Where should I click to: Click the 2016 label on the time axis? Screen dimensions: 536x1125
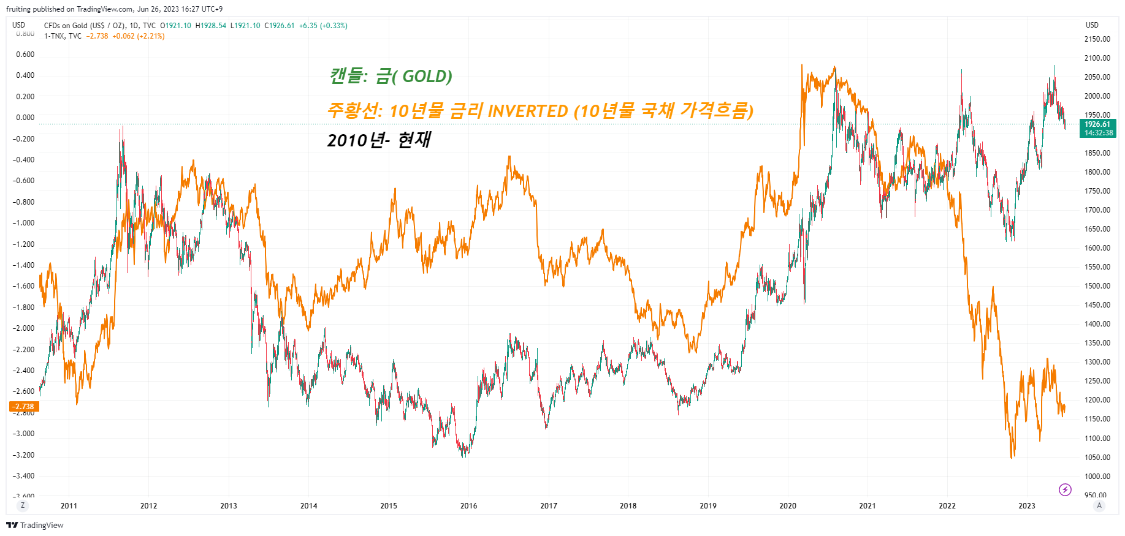468,506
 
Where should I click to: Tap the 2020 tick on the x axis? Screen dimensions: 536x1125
788,506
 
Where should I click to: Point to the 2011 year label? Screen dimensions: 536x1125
69,506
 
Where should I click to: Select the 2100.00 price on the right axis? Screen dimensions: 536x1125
1097,58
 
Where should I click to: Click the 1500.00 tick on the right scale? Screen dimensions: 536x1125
1097,286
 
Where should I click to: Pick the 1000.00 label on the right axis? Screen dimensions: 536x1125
1097,477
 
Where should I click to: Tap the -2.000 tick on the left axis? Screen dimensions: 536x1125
25,328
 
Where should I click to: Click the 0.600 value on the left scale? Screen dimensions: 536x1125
25,55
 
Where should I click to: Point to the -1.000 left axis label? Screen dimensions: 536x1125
25,223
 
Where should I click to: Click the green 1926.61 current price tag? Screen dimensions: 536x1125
1097,124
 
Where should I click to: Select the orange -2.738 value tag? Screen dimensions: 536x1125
24,407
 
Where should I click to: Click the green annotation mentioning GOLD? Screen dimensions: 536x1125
391,77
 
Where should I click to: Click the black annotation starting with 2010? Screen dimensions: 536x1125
378,140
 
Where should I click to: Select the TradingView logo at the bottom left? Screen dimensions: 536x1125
35,525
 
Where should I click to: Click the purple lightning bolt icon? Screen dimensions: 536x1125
1065,489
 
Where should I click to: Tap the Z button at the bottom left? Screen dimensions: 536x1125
23,505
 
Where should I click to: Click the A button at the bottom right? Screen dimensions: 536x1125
1099,505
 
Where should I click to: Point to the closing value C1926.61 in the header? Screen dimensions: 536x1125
280,26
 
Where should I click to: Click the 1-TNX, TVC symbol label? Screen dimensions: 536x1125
63,36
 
